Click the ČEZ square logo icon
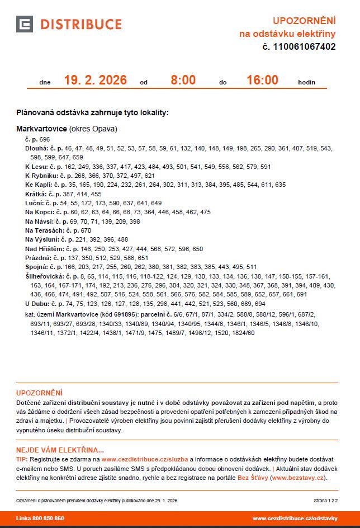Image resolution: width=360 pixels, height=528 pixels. (25, 24)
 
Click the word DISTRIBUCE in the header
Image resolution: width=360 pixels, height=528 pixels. (80, 24)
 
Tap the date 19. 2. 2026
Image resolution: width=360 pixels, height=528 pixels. (95, 80)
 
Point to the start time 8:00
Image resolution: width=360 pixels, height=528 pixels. (183, 80)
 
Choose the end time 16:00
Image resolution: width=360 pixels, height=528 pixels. (262, 80)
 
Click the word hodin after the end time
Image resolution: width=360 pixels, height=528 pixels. (306, 82)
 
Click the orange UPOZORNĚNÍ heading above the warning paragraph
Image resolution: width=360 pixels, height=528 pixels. (39, 393)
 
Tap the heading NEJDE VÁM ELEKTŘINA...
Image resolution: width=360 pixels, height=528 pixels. (60, 450)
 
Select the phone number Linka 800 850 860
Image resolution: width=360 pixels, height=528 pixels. (40, 518)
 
